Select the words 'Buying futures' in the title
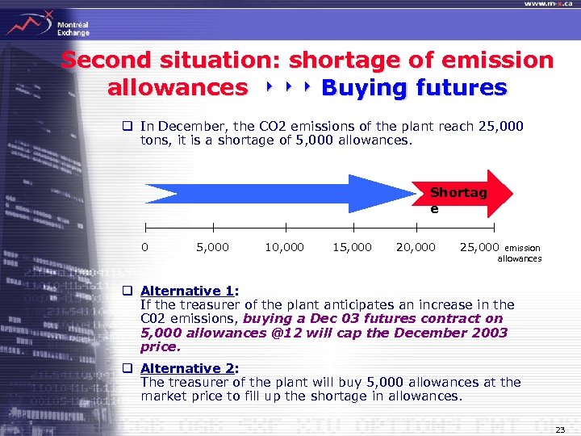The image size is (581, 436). point(414,87)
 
